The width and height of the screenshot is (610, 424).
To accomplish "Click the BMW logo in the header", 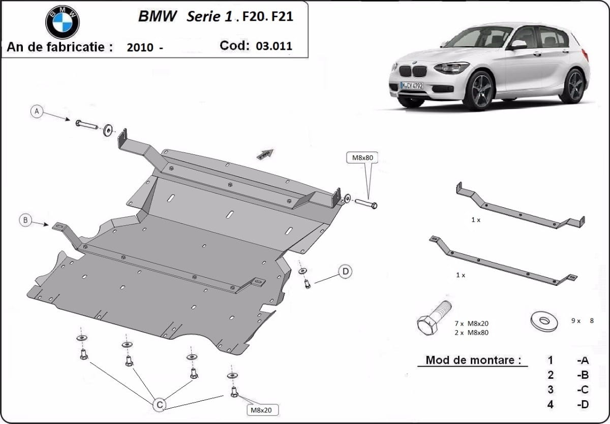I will pos(63,22).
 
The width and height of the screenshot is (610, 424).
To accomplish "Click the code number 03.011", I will pos(274,46).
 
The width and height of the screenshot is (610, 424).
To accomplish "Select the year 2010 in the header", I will pos(140,48).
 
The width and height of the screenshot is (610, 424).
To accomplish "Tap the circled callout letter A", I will pos(37,111).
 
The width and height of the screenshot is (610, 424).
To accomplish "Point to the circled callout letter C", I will pos(160,404).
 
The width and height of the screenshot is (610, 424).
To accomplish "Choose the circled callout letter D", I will pos(346,272).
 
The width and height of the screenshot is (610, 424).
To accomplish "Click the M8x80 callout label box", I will pos(363,157).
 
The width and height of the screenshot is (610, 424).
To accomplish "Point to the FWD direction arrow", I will pos(265,154).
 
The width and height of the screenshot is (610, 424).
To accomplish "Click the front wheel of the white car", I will pos(478,91).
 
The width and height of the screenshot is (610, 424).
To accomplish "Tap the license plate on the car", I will pos(411,86).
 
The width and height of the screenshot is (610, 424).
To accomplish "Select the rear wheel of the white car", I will pos(573,86).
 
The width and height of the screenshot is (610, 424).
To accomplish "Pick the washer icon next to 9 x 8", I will pos(543,321).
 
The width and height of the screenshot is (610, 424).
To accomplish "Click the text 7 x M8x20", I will pos(472,323).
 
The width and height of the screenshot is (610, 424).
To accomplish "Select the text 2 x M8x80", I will pos(472,332).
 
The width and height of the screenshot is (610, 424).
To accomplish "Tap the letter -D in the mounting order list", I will pos(583,405).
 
